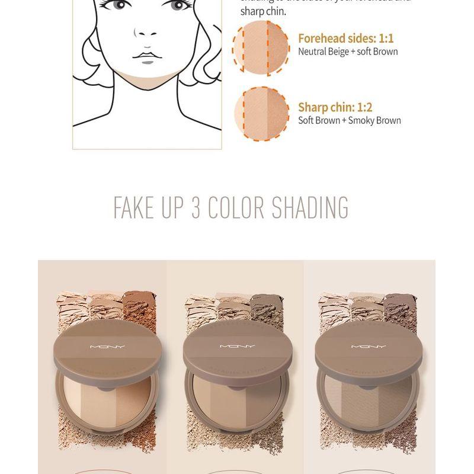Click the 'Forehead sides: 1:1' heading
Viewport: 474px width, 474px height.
coord(345,39)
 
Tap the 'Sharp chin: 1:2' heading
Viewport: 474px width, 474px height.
coord(335,107)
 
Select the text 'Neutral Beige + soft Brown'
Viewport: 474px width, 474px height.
coord(348,52)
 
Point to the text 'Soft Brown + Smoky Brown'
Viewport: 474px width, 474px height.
coord(349,120)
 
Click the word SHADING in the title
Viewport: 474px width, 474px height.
coord(310,207)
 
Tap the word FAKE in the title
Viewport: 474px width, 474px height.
coord(134,207)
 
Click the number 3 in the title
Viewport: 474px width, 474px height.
coord(197,207)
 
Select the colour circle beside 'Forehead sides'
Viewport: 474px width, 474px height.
coord(261,47)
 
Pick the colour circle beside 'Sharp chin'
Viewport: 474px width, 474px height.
coord(261,113)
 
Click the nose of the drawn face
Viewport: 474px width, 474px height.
coord(146,33)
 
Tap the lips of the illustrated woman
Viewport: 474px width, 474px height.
coord(146,57)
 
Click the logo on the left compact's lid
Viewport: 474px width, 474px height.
coord(107,347)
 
